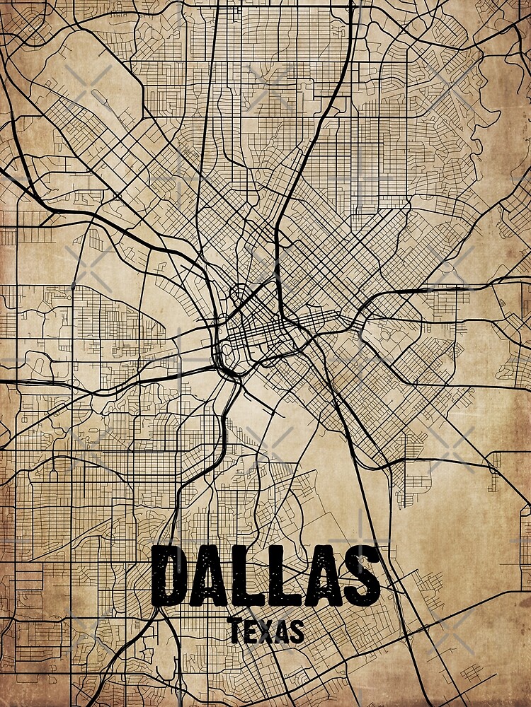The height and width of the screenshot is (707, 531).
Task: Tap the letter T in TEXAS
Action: pyautogui.click(x=235, y=631)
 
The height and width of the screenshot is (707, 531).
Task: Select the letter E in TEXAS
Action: pyautogui.click(x=250, y=631)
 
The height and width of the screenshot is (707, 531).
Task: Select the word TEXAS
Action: pyautogui.click(x=266, y=631)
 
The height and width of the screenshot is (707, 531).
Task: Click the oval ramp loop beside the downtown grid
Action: pyautogui.click(x=228, y=349)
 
